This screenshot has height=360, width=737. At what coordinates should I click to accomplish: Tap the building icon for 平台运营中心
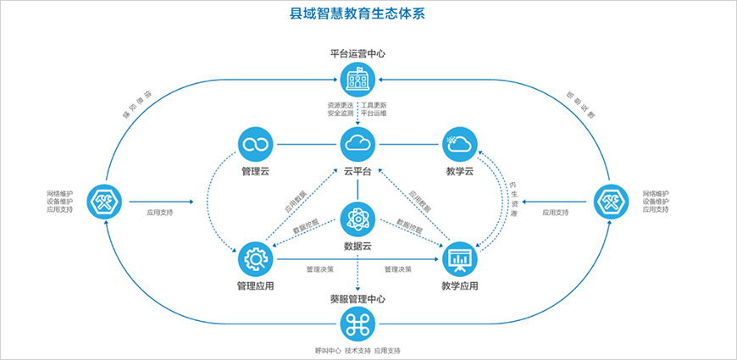tap(357, 80)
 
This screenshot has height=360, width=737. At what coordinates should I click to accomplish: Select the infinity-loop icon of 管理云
tap(255, 145)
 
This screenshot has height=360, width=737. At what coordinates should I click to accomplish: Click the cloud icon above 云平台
tap(357, 145)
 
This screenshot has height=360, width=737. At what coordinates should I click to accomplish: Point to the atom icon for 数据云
tap(357, 220)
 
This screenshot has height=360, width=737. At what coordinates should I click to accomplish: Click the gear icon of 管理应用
tap(255, 258)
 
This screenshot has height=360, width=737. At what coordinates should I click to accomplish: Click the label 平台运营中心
tap(357, 53)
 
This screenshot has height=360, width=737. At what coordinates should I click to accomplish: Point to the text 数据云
tap(357, 246)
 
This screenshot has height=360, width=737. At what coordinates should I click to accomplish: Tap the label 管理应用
tap(255, 286)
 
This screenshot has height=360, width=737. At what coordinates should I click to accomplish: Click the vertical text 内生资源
tap(513, 198)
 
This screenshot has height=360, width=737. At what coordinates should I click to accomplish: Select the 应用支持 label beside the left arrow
tap(162, 214)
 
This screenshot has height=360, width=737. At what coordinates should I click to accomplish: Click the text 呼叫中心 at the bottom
tap(327, 351)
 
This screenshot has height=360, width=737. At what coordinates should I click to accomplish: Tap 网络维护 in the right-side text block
tap(657, 193)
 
